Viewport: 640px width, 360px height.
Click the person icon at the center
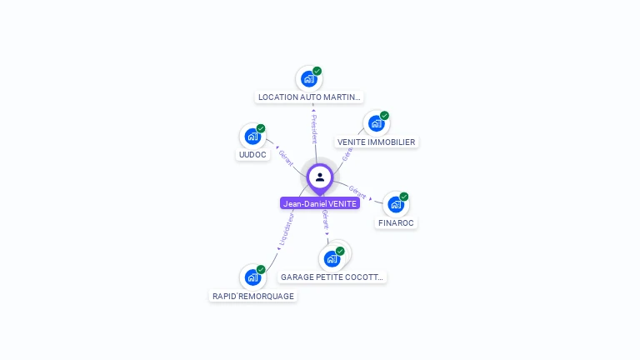[320, 177]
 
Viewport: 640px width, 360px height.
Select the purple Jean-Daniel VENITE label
[320, 203]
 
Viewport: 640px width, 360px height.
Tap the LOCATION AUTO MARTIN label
[309, 97]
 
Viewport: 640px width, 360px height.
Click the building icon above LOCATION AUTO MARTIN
[309, 79]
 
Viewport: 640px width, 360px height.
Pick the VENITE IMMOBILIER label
[376, 142]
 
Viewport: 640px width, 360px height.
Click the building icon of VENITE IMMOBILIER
[376, 123]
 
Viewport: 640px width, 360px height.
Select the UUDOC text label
[252, 155]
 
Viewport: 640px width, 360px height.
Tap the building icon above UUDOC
[252, 137]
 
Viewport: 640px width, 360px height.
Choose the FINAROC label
[396, 223]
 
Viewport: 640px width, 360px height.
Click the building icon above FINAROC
[396, 204]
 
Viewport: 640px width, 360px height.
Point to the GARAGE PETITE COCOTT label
[332, 277]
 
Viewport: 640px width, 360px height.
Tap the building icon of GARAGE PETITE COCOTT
[332, 258]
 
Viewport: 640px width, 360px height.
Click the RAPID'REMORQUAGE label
[253, 296]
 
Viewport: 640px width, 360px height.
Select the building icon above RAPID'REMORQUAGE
[252, 277]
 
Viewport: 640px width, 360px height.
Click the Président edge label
[314, 127]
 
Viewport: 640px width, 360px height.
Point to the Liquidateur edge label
[285, 231]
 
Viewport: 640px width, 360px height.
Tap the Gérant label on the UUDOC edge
[286, 157]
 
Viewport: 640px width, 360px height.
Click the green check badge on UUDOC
[261, 128]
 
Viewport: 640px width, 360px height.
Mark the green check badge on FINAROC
[404, 197]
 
